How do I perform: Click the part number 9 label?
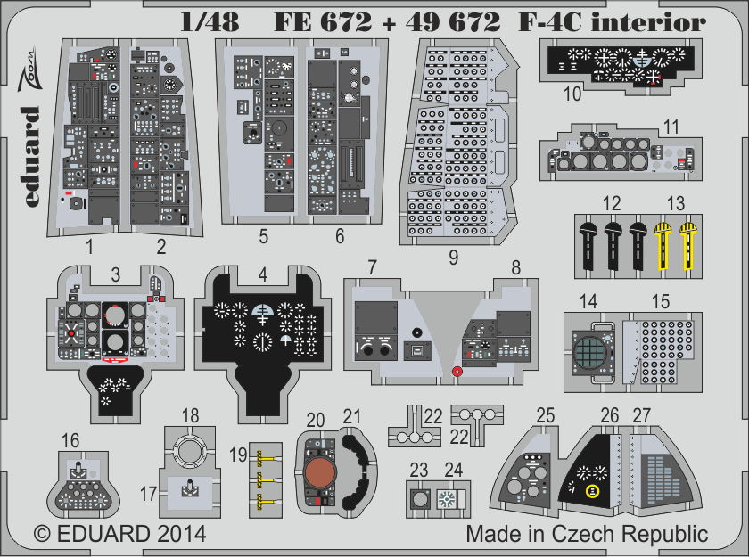(454, 258)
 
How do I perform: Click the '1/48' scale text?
(210, 23)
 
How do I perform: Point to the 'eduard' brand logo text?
(28, 157)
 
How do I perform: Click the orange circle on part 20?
(318, 472)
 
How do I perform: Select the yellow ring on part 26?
(590, 490)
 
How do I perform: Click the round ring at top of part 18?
(190, 451)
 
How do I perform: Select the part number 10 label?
(572, 91)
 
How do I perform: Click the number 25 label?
(547, 414)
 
